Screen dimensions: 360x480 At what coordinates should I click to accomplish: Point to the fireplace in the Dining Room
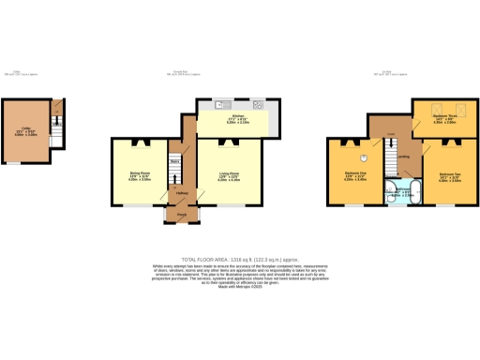[x=140, y=142]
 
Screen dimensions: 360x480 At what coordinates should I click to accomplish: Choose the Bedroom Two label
[x=448, y=175]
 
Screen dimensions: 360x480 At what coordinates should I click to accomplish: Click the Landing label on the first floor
[x=403, y=157]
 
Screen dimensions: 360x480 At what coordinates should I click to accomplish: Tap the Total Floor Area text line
[x=240, y=258]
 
